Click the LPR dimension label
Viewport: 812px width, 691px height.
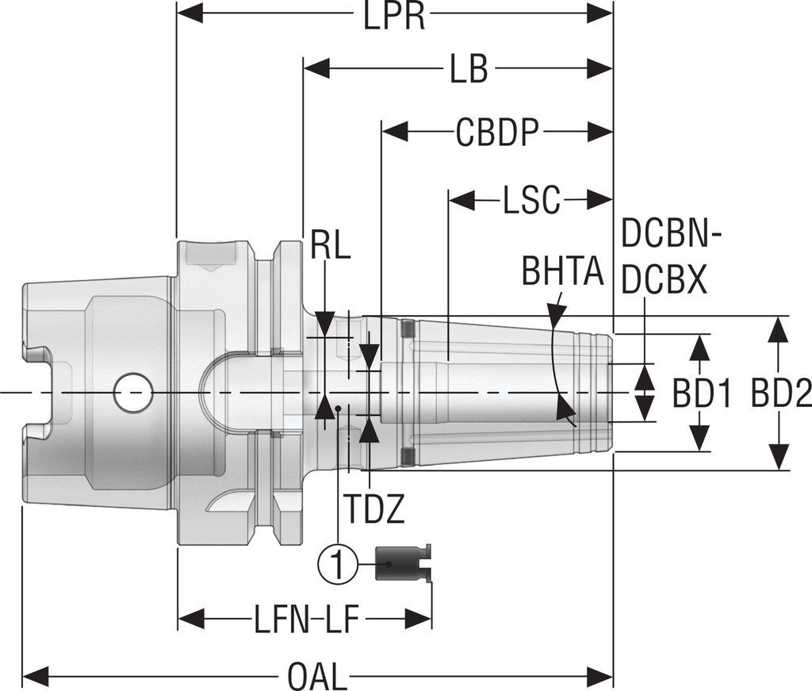pyautogui.click(x=394, y=16)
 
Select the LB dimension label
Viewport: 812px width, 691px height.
pyautogui.click(x=469, y=71)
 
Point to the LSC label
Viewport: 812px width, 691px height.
pyautogui.click(x=531, y=202)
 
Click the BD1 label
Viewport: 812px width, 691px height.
pyautogui.click(x=702, y=393)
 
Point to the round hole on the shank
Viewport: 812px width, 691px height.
pyautogui.click(x=133, y=393)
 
